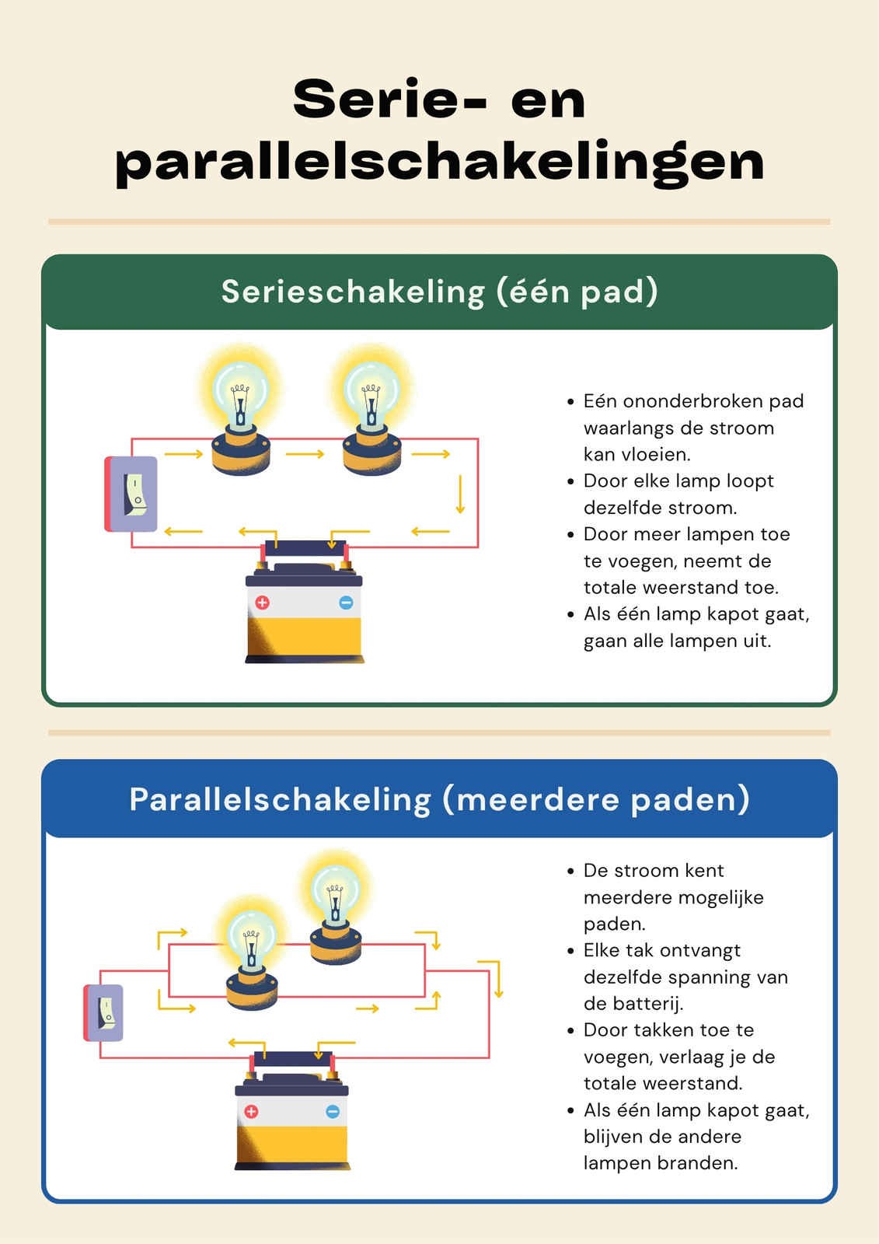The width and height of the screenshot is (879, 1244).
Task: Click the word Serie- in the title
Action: tap(390, 100)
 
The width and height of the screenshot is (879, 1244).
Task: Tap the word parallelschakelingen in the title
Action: tap(440, 163)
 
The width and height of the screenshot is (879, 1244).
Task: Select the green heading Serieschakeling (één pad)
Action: tap(439, 292)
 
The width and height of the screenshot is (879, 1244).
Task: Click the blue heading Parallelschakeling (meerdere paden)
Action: tap(439, 799)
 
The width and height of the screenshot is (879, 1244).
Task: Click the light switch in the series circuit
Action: tap(131, 494)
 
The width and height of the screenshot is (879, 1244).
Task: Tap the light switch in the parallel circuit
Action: tap(103, 1013)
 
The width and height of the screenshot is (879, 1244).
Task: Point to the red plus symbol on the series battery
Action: tap(262, 603)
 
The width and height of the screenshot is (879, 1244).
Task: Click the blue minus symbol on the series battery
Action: tap(346, 603)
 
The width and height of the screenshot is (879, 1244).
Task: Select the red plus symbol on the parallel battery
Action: tap(251, 1111)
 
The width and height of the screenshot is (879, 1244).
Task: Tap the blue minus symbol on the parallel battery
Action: tap(333, 1111)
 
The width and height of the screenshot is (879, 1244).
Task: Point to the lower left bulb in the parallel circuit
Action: tap(252, 953)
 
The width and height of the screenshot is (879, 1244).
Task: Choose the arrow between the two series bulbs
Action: tap(305, 454)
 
